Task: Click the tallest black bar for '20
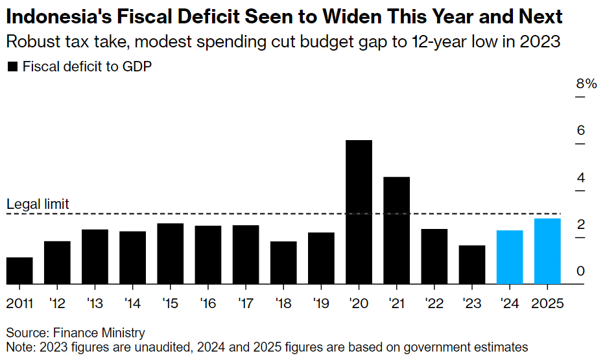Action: [x=359, y=212]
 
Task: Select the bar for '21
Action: [x=396, y=230]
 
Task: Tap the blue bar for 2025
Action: [x=547, y=251]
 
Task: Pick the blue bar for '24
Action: [x=510, y=257]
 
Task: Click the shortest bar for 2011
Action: [x=19, y=270]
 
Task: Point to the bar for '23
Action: [x=471, y=265]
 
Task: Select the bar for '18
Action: [x=283, y=263]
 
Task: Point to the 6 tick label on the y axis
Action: [x=581, y=130]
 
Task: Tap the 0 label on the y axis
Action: [x=581, y=271]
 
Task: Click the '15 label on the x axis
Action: [x=170, y=303]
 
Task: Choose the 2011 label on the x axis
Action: [x=20, y=303]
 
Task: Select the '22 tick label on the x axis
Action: [x=434, y=303]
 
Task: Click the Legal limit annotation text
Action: [x=38, y=205]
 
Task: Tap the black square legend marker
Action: [x=12, y=67]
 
